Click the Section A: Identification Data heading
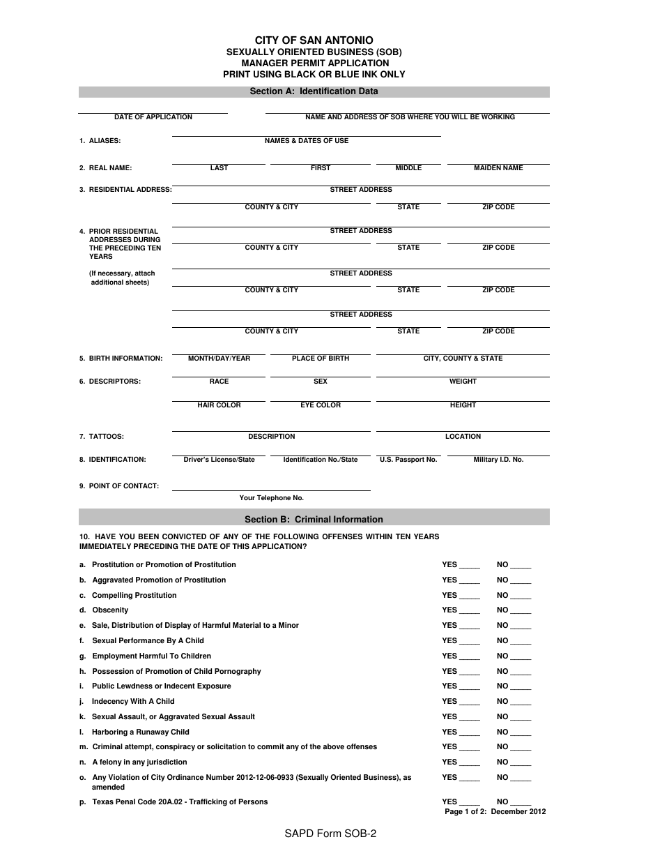(x=314, y=91)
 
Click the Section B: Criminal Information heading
(x=314, y=519)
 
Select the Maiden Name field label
(x=498, y=168)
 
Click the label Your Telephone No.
(x=272, y=498)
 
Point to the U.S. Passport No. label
(x=408, y=460)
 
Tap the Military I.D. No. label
(x=498, y=460)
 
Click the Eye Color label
(x=321, y=405)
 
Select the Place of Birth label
(x=321, y=359)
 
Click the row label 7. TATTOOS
(x=102, y=437)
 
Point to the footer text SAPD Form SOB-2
(x=331, y=833)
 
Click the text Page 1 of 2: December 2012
(x=495, y=812)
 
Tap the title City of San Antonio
(x=314, y=41)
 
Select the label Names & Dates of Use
(x=307, y=141)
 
